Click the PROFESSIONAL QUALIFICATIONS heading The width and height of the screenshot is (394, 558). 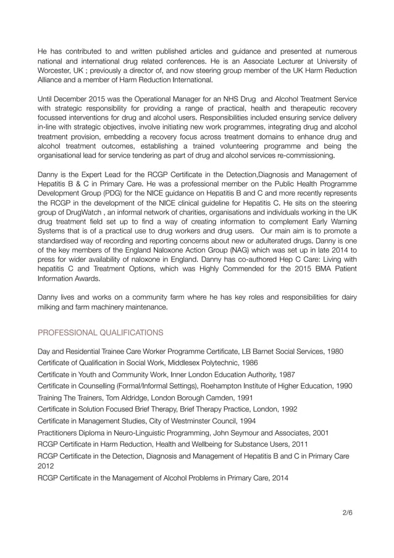(x=101, y=332)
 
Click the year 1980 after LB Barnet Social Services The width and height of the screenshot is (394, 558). (x=334, y=351)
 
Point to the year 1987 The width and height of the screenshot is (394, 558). (x=287, y=374)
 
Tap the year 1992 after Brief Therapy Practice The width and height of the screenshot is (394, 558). (x=289, y=409)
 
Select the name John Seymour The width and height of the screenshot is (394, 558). (x=248, y=433)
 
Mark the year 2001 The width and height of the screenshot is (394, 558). (x=320, y=433)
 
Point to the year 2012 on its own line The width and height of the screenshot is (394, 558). (x=47, y=467)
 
